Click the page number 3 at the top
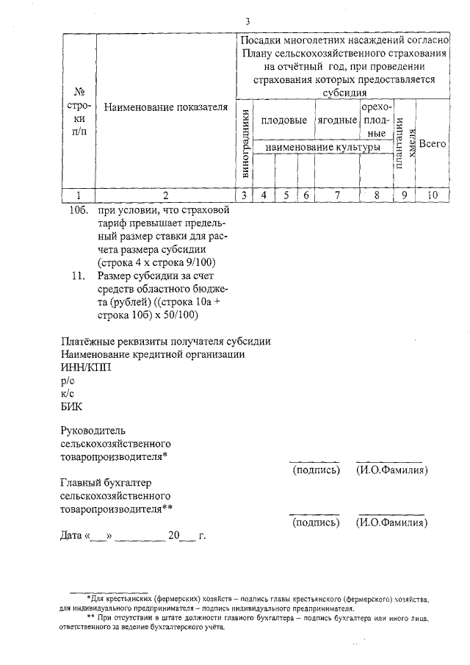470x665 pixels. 247,21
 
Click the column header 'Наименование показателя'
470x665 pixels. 166,108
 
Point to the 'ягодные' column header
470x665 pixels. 337,120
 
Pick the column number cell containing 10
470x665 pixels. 433,195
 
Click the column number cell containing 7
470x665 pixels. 337,195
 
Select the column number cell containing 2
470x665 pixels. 166,195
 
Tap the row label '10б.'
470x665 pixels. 77,209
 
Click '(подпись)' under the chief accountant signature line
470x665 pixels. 316,522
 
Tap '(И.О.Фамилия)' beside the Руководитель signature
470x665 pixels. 391,470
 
